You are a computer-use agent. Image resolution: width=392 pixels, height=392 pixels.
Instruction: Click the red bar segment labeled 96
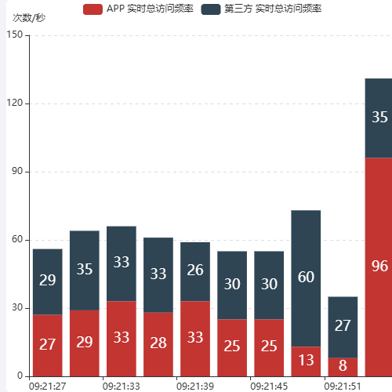pos(379,267)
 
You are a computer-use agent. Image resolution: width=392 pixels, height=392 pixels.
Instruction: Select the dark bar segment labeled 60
pos(306,278)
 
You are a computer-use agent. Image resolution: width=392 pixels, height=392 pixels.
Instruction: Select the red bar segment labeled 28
pos(158,344)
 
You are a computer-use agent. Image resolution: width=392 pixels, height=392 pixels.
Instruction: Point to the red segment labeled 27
pos(48,345)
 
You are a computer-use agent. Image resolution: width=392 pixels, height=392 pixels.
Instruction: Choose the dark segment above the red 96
pos(379,118)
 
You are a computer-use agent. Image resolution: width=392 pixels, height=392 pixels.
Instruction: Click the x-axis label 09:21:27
pos(48,386)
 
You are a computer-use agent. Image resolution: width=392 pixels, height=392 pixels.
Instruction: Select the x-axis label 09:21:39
pos(195,386)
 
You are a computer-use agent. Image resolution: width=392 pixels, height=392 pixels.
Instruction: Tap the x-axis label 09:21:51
pos(343,386)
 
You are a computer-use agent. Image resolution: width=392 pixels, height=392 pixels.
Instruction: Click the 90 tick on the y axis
pos(17,172)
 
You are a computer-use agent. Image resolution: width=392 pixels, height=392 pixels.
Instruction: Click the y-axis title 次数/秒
pos(28,17)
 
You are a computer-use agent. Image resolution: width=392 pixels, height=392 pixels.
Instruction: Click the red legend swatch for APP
pos(92,9)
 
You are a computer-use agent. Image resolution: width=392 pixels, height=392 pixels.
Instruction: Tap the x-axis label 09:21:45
pos(269,386)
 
